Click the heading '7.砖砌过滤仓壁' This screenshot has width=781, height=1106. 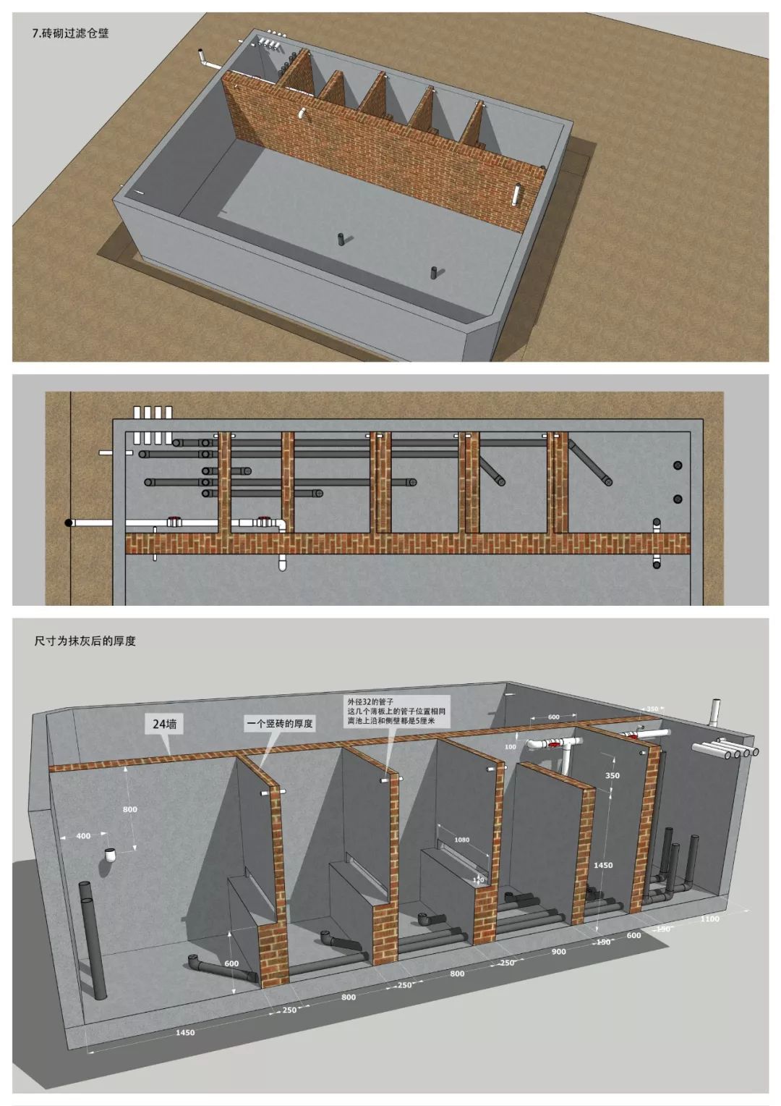coord(71,33)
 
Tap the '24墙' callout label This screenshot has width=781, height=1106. coord(165,723)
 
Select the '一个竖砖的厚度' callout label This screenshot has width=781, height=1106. coord(279,723)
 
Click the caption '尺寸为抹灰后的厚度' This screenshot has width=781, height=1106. coord(85,641)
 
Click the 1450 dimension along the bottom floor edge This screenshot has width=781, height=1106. coord(184,1033)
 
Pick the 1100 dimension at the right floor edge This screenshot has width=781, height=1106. coord(710,919)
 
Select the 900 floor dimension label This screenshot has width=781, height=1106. coord(558,952)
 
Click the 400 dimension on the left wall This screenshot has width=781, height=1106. coord(83,836)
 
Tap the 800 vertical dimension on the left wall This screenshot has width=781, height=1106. coord(129,809)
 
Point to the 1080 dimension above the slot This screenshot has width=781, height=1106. coord(461,840)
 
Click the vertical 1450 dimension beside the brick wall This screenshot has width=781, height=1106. coord(602,865)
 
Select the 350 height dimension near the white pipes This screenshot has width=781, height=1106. coord(612,775)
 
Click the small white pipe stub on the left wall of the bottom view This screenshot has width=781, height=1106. coord(111,855)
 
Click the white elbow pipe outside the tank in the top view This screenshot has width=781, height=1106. coord(206,60)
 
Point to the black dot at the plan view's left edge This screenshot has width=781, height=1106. coord(69,523)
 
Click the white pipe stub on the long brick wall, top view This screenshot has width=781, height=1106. coord(302,114)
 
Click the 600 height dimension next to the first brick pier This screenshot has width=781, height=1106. coord(231,963)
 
